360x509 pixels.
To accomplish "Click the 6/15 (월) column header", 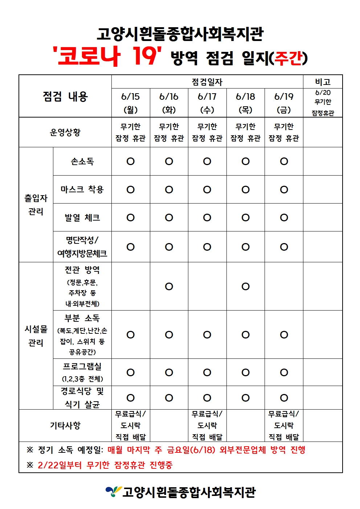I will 130,103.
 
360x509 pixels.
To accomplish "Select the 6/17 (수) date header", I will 207,103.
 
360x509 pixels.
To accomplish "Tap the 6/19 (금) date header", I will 284,103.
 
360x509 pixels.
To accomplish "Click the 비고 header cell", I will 323,82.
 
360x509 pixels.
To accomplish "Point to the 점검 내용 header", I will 65,97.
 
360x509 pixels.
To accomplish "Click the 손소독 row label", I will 82,161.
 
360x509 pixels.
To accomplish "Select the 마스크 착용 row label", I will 82,189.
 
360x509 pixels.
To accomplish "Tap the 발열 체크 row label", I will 82,218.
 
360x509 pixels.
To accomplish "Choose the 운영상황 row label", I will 65,132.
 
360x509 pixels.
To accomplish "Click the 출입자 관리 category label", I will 36,205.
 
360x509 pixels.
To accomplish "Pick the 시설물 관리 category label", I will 36,336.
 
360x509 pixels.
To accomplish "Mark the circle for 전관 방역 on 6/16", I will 169,287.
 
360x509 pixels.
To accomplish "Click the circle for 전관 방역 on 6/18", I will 245,287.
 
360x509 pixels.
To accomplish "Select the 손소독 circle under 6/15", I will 130,161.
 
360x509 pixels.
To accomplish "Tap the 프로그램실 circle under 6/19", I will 284,373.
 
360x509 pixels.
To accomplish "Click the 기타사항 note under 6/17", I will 207,426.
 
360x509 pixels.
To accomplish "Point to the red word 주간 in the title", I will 289,58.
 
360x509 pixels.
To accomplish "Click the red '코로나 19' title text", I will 107,56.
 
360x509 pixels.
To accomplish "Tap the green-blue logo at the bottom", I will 113,492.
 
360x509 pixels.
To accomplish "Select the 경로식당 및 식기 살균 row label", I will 82,398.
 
